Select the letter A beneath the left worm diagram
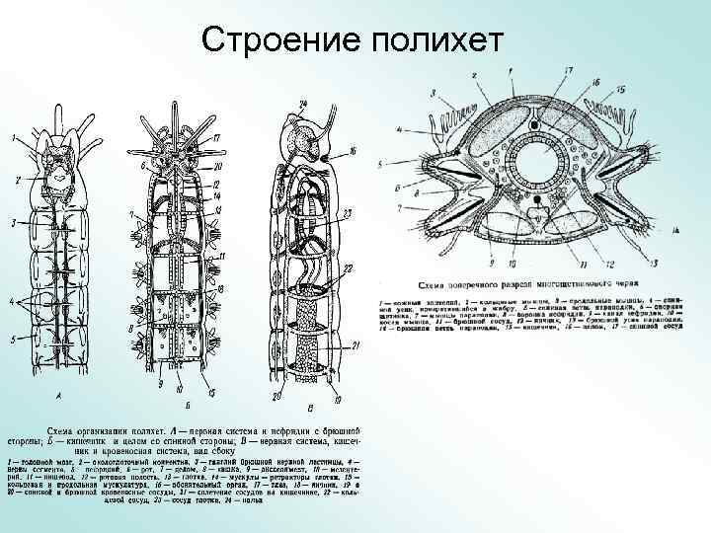pos(60,396)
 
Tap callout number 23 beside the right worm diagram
pos(348,213)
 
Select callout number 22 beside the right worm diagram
pos(349,269)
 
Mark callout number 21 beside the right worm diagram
pos(356,344)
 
